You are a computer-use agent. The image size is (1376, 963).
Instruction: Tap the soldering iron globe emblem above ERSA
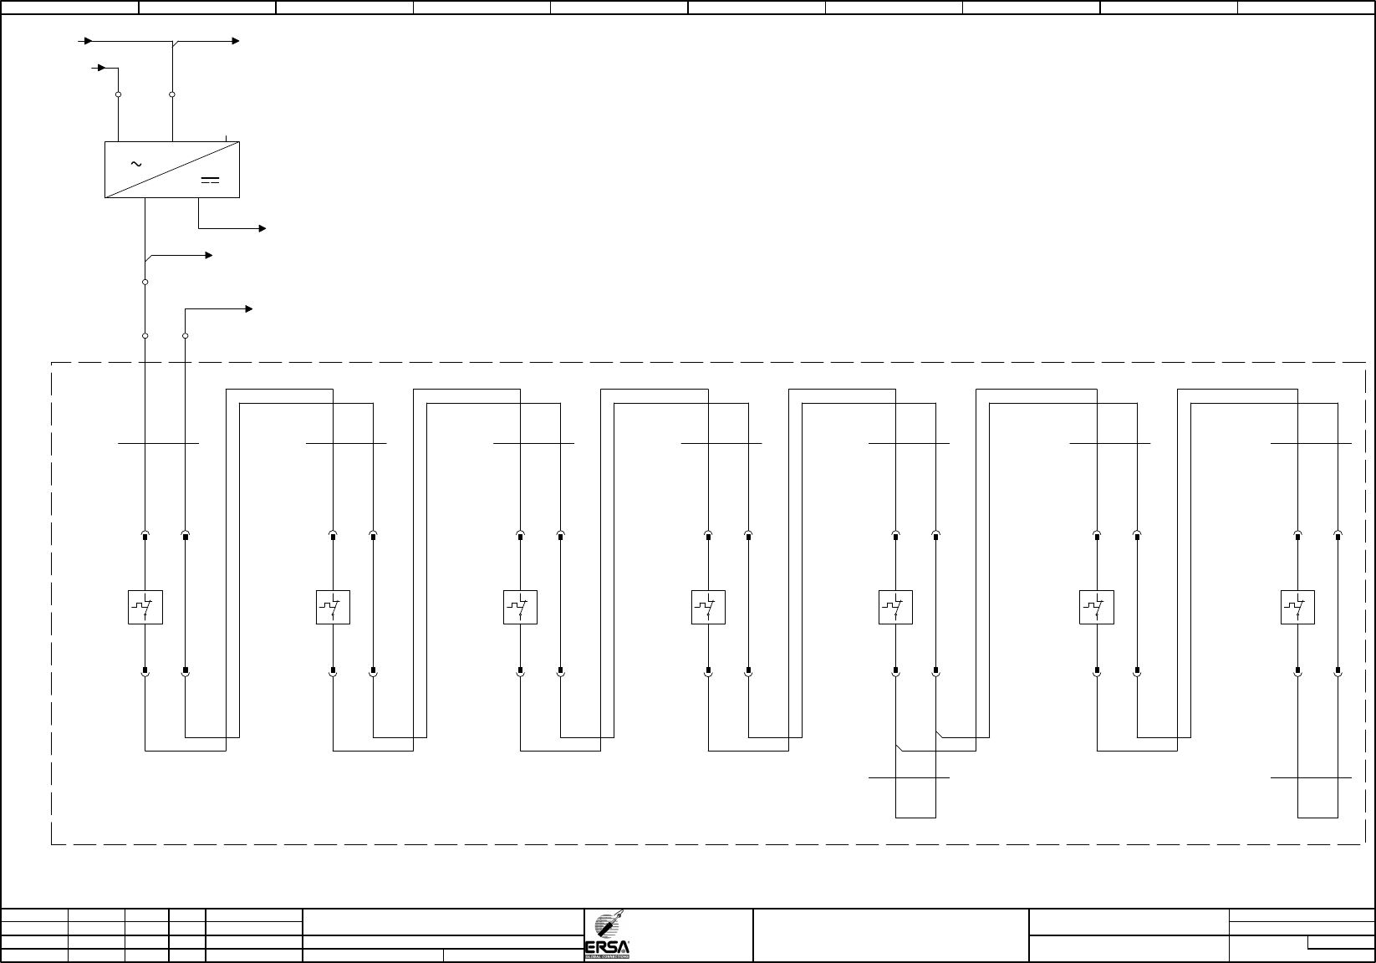(x=608, y=924)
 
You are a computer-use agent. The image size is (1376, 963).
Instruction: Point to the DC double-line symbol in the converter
(x=210, y=180)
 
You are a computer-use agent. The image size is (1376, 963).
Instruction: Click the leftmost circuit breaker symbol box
(x=145, y=608)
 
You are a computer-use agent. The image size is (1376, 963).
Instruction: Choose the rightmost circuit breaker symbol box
(x=1297, y=608)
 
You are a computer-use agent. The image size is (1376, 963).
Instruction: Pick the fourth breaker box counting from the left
(x=708, y=608)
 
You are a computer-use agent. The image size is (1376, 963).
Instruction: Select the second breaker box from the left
(x=333, y=608)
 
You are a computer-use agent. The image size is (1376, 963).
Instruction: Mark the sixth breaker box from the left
(x=1097, y=608)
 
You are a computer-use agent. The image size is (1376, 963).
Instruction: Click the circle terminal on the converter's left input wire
(x=118, y=94)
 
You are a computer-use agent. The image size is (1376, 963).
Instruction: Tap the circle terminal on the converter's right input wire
(x=172, y=94)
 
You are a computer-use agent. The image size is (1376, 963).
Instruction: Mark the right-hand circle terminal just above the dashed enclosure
(x=186, y=335)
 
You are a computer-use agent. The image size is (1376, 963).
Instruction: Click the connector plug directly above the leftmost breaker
(x=145, y=535)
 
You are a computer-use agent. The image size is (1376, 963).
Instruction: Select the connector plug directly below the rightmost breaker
(x=1297, y=670)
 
